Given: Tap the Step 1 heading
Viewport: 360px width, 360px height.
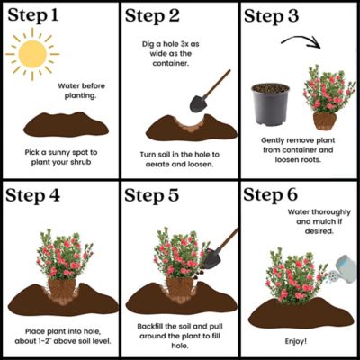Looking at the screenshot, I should coord(41,17).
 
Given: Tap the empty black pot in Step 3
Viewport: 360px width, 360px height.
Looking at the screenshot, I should coord(270,104).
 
